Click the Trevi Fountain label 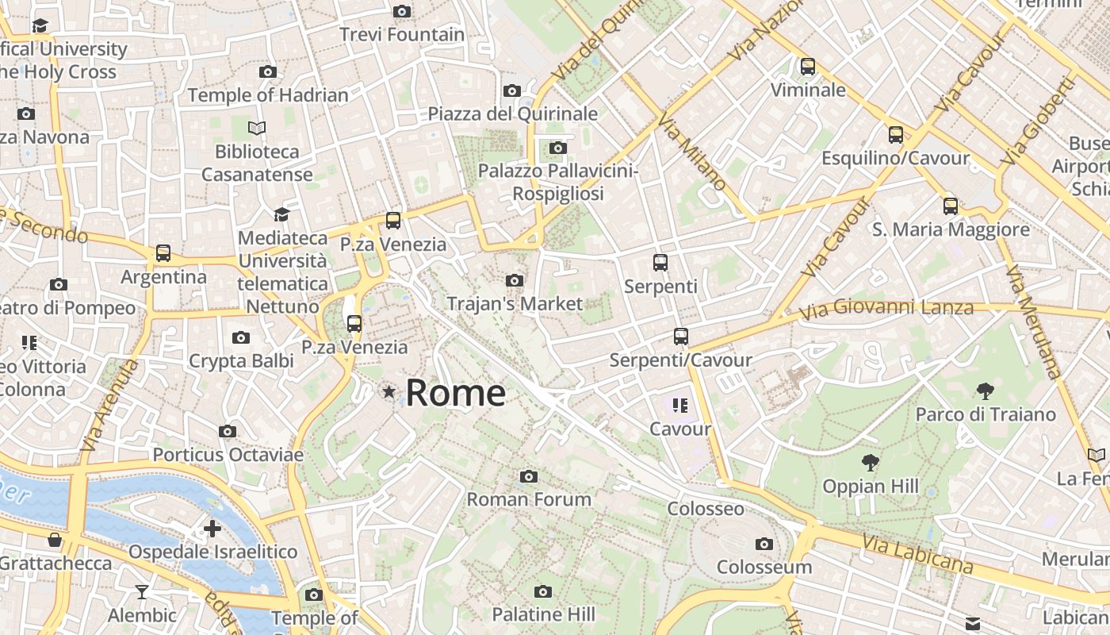pos(402,35)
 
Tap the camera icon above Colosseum pos(764,544)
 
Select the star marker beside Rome pos(389,392)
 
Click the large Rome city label pos(456,393)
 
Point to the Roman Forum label pos(529,499)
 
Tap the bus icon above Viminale pos(808,67)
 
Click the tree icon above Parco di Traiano pos(986,391)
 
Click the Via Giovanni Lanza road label pos(886,308)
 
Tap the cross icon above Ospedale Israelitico pos(212,529)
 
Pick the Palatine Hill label pos(543,614)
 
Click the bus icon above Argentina pos(163,253)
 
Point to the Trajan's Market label pos(515,303)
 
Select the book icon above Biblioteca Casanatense pos(257,128)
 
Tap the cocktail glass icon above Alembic pos(142,591)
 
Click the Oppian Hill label pos(871,486)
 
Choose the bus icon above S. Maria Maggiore pos(951,206)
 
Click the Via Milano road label pos(692,151)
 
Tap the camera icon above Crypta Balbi pos(241,338)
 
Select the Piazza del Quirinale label pos(512,114)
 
